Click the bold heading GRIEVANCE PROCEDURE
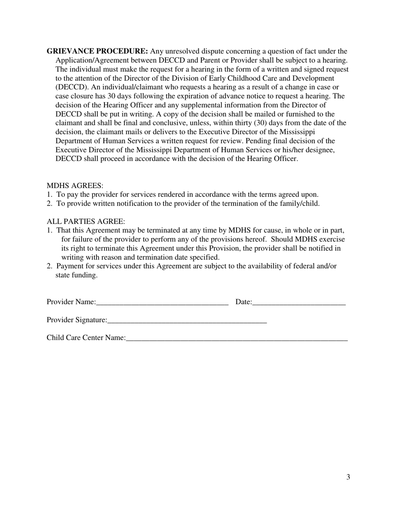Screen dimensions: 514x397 point(97,51)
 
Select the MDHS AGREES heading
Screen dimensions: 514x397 point(75,186)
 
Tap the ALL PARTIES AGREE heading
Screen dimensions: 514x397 point(86,221)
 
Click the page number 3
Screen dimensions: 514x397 point(348,477)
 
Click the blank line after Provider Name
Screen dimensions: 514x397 point(162,303)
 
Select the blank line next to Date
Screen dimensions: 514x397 point(299,303)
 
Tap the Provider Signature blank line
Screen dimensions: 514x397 point(187,321)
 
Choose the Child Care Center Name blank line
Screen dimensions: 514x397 point(237,338)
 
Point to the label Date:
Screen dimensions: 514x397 point(244,302)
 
